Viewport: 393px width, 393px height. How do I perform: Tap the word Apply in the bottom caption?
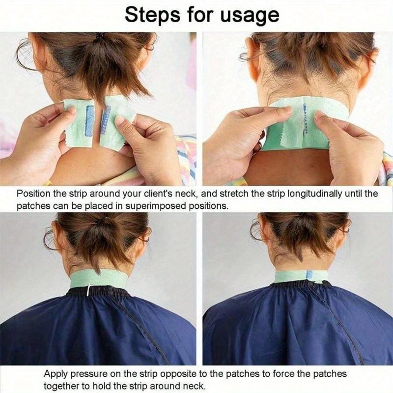[x=55, y=374]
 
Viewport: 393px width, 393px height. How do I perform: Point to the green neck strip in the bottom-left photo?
[x=98, y=279]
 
